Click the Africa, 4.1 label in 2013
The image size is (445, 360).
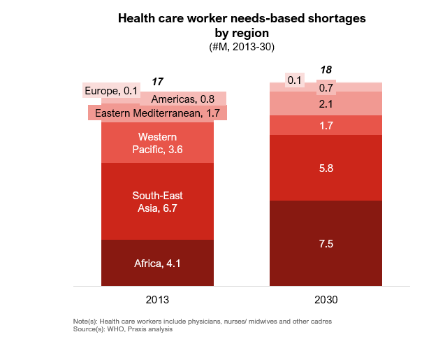coord(157,264)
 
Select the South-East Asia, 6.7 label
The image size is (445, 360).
coord(157,201)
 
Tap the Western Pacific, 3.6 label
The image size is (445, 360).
coord(157,143)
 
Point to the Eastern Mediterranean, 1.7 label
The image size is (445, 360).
coord(158,113)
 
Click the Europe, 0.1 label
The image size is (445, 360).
coord(110,90)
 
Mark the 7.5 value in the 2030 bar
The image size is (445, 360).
coord(326,243)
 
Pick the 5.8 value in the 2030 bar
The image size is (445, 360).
coord(326,168)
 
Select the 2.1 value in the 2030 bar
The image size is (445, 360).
coord(326,104)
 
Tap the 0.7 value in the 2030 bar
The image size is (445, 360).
coord(326,88)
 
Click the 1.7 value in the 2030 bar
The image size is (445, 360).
coord(326,126)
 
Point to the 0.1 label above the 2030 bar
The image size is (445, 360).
coord(294,80)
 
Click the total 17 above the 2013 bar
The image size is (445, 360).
coord(157,82)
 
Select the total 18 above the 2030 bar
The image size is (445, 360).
coord(326,70)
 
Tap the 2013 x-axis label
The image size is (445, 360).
coord(157,300)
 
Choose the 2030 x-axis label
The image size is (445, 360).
coord(326,300)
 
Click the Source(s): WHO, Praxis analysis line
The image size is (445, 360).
coord(122,329)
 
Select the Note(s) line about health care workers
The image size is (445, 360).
coord(202,321)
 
